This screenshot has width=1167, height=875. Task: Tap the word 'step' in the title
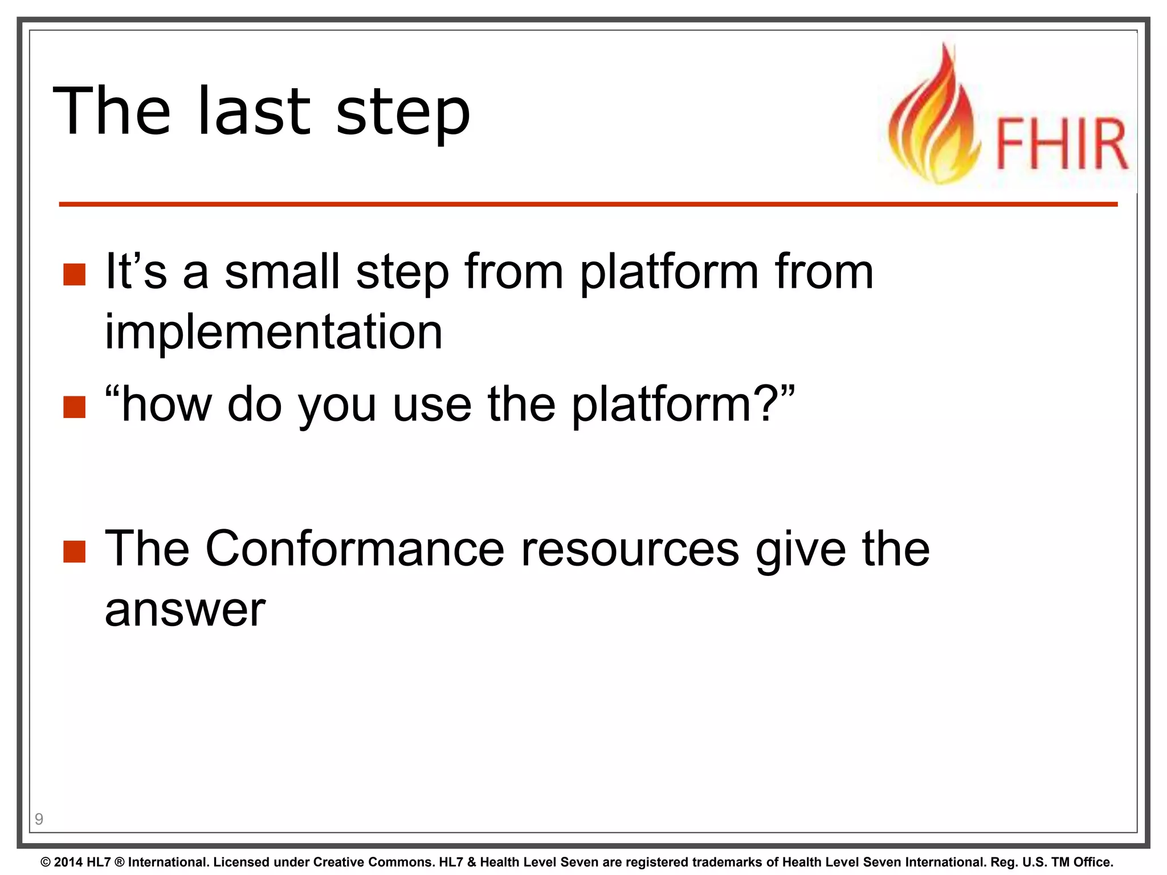403,114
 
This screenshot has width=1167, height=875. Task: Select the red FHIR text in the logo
1062,144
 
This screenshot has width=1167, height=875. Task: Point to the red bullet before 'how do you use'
74,407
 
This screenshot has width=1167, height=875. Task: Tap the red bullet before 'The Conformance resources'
74,551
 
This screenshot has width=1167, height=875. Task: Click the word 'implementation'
274,333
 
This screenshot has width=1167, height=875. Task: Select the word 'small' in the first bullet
282,272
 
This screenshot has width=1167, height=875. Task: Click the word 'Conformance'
354,549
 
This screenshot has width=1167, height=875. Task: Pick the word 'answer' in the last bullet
185,610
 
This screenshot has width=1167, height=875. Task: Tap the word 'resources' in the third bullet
630,549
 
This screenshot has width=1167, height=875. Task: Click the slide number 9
39,819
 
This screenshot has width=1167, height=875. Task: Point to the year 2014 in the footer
68,862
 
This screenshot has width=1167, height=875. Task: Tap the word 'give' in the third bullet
801,550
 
